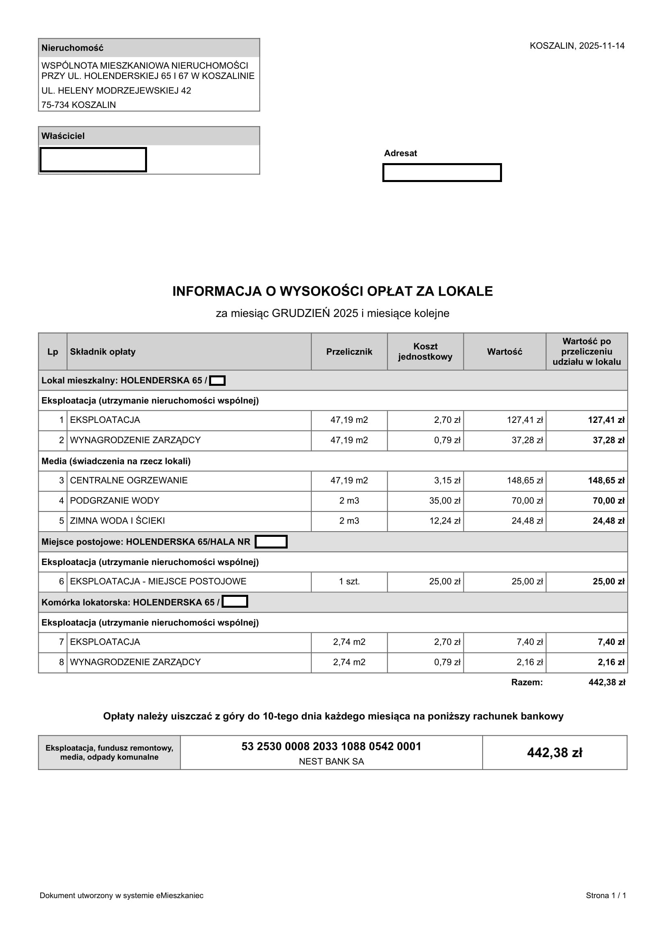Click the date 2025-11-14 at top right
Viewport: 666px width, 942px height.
coord(601,46)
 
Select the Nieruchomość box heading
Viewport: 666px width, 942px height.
coord(72,48)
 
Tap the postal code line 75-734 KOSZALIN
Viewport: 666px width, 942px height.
coord(79,105)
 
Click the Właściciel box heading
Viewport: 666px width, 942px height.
coord(63,136)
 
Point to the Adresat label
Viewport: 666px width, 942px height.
coord(400,153)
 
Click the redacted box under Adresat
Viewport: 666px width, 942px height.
coord(442,173)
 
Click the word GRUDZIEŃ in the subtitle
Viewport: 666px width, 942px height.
coord(301,313)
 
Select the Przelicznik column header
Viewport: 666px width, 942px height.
coord(349,352)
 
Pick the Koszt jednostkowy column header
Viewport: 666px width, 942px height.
coord(425,352)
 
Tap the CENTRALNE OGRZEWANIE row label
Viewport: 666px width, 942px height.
coord(129,480)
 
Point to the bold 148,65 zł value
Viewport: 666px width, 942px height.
coord(606,480)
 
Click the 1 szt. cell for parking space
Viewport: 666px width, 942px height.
coord(349,582)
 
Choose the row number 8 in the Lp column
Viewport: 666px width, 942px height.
coord(62,662)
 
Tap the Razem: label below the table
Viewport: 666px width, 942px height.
coord(527,682)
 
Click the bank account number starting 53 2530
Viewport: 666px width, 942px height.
coord(331,746)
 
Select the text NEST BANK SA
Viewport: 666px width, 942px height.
coord(331,762)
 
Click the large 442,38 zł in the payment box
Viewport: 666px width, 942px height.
coord(554,752)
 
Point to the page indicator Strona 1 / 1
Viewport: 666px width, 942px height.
coord(606,896)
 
